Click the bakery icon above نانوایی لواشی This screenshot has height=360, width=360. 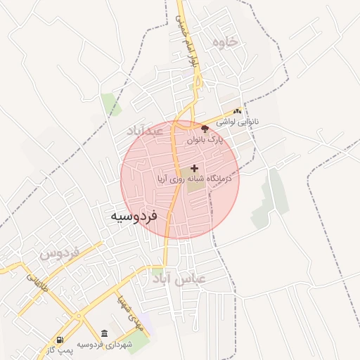[x=238, y=111]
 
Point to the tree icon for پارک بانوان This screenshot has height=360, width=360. [x=205, y=129]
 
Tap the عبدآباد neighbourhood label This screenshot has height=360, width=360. [x=146, y=131]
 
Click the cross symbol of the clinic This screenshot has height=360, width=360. [x=194, y=168]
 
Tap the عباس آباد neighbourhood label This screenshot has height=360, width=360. [x=181, y=278]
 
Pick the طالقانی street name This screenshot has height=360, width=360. [x=34, y=283]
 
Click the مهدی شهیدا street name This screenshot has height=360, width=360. [x=131, y=314]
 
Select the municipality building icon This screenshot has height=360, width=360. [x=104, y=332]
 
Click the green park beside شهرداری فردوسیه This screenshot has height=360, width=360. [x=139, y=340]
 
